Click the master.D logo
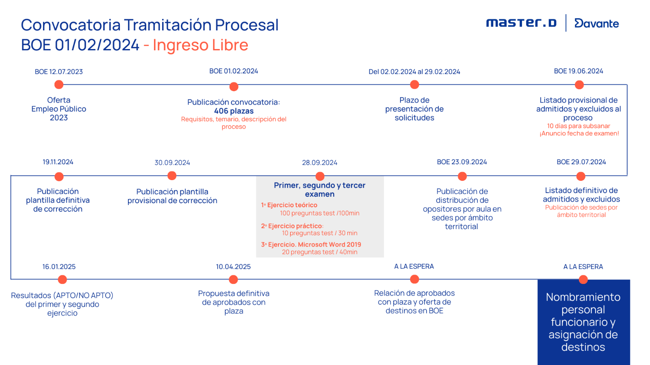pos(521,23)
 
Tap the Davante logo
pos(596,24)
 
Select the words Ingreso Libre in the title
pos(200,45)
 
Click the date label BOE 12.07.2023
pos(59,72)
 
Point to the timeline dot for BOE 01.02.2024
pos(234,86)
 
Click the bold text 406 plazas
pos(234,111)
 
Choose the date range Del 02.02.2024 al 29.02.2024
pos(414,72)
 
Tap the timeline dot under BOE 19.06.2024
pos(579,85)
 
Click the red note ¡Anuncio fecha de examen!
pos(579,133)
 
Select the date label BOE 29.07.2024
pos(581,162)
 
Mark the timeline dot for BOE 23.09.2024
pos(462,176)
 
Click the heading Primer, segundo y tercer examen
pos(320,190)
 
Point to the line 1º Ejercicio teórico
pos(289,205)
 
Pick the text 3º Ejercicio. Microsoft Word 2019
pos(311,245)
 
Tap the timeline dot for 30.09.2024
pos(172,176)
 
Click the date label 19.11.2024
pos(58,162)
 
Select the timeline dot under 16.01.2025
pos(62,279)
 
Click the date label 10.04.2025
pos(233,267)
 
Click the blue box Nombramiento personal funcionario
pos(583,322)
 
